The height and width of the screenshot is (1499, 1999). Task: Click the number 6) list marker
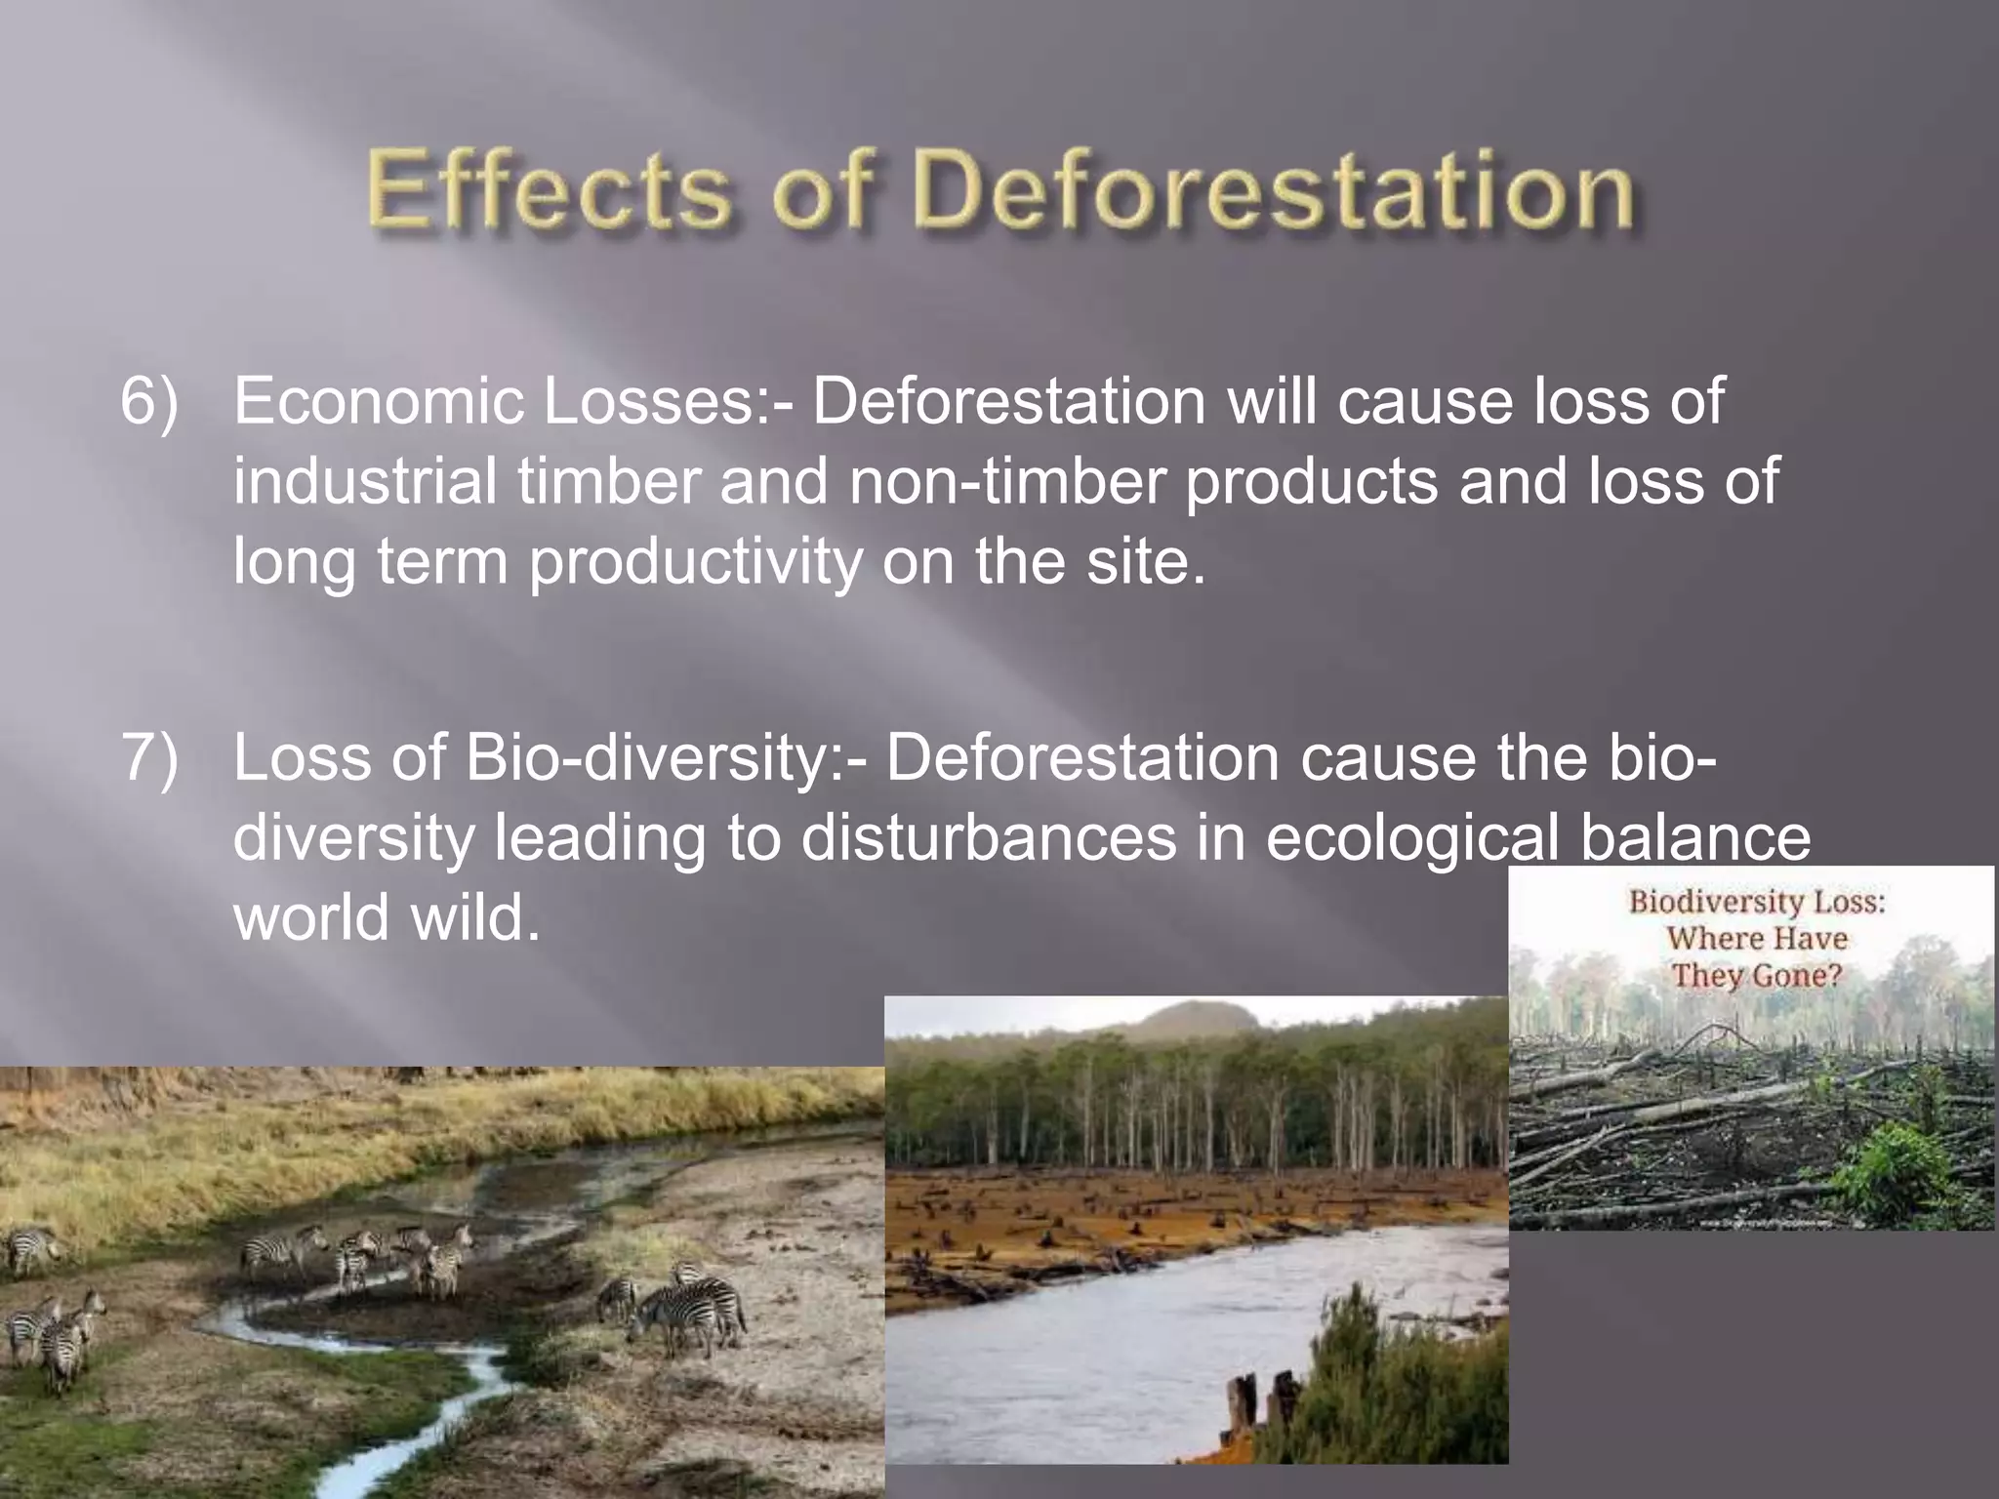click(149, 402)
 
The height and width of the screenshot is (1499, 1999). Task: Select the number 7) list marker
click(149, 758)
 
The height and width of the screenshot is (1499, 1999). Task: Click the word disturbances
click(989, 838)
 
